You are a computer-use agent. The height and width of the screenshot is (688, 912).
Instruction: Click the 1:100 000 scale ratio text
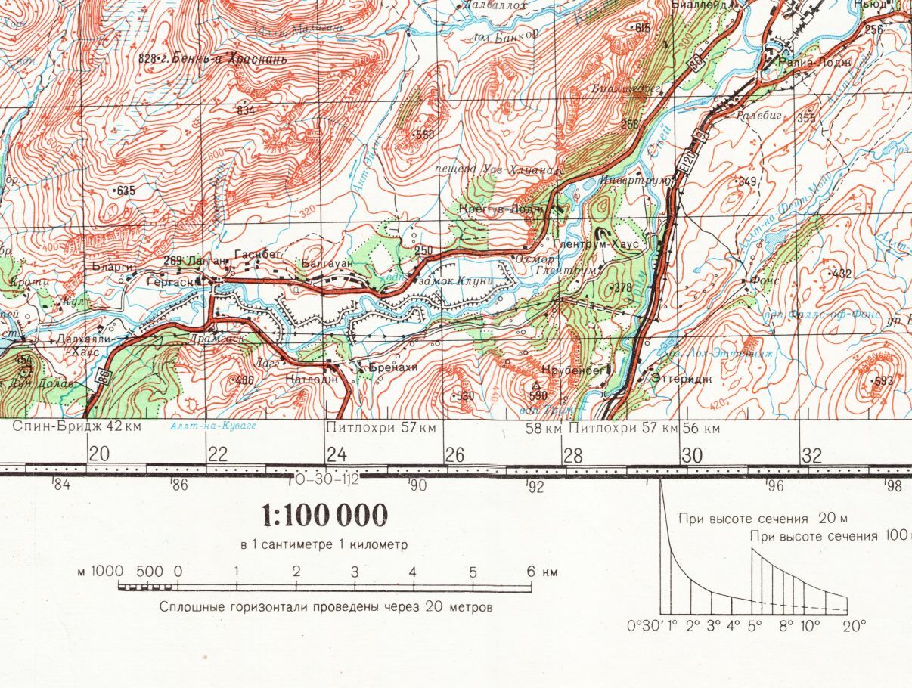[325, 516]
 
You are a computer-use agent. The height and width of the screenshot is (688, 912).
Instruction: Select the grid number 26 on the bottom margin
[454, 455]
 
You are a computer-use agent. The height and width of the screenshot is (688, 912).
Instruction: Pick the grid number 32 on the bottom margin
[811, 455]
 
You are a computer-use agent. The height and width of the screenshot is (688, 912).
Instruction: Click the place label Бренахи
[392, 367]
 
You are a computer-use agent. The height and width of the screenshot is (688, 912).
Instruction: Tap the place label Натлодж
[311, 379]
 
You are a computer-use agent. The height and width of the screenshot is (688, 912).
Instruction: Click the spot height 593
[881, 380]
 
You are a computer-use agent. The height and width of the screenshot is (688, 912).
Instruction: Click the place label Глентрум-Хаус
[596, 244]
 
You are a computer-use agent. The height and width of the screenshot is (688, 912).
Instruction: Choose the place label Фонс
[765, 280]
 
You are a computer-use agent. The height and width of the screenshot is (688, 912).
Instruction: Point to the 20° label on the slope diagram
[855, 626]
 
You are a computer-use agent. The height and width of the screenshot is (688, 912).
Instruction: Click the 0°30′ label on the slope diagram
[644, 626]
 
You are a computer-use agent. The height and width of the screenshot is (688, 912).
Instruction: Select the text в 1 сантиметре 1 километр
[324, 544]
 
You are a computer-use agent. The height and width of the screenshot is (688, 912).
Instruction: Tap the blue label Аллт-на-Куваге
[213, 426]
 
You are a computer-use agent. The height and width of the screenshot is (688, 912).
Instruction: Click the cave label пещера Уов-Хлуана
[496, 169]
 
